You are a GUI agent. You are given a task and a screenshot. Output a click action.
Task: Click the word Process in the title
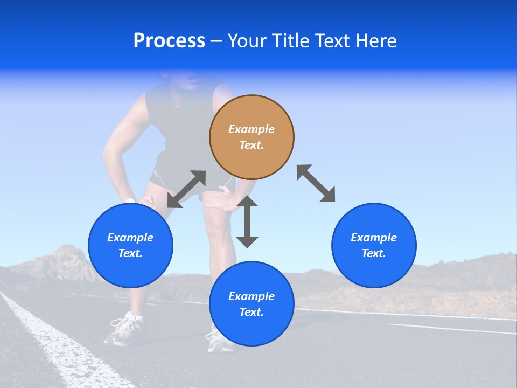(169, 41)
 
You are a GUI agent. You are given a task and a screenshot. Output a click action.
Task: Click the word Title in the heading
(290, 41)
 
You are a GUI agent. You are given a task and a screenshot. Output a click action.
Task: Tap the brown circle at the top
(251, 137)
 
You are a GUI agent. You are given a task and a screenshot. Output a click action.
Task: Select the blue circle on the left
(130, 246)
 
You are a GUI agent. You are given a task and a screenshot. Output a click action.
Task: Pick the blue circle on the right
(374, 246)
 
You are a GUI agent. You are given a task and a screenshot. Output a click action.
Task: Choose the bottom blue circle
(251, 304)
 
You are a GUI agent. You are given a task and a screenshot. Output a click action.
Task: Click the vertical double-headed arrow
(247, 221)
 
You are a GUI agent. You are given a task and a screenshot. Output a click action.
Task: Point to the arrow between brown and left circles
(186, 189)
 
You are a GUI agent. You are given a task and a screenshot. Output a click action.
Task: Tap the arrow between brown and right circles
(316, 183)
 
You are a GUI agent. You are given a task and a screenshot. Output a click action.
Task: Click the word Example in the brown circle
(251, 129)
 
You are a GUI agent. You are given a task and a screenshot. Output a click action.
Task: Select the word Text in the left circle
(130, 253)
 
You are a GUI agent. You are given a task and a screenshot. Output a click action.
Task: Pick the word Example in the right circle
(374, 238)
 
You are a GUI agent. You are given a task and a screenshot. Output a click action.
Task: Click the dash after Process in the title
(216, 41)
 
